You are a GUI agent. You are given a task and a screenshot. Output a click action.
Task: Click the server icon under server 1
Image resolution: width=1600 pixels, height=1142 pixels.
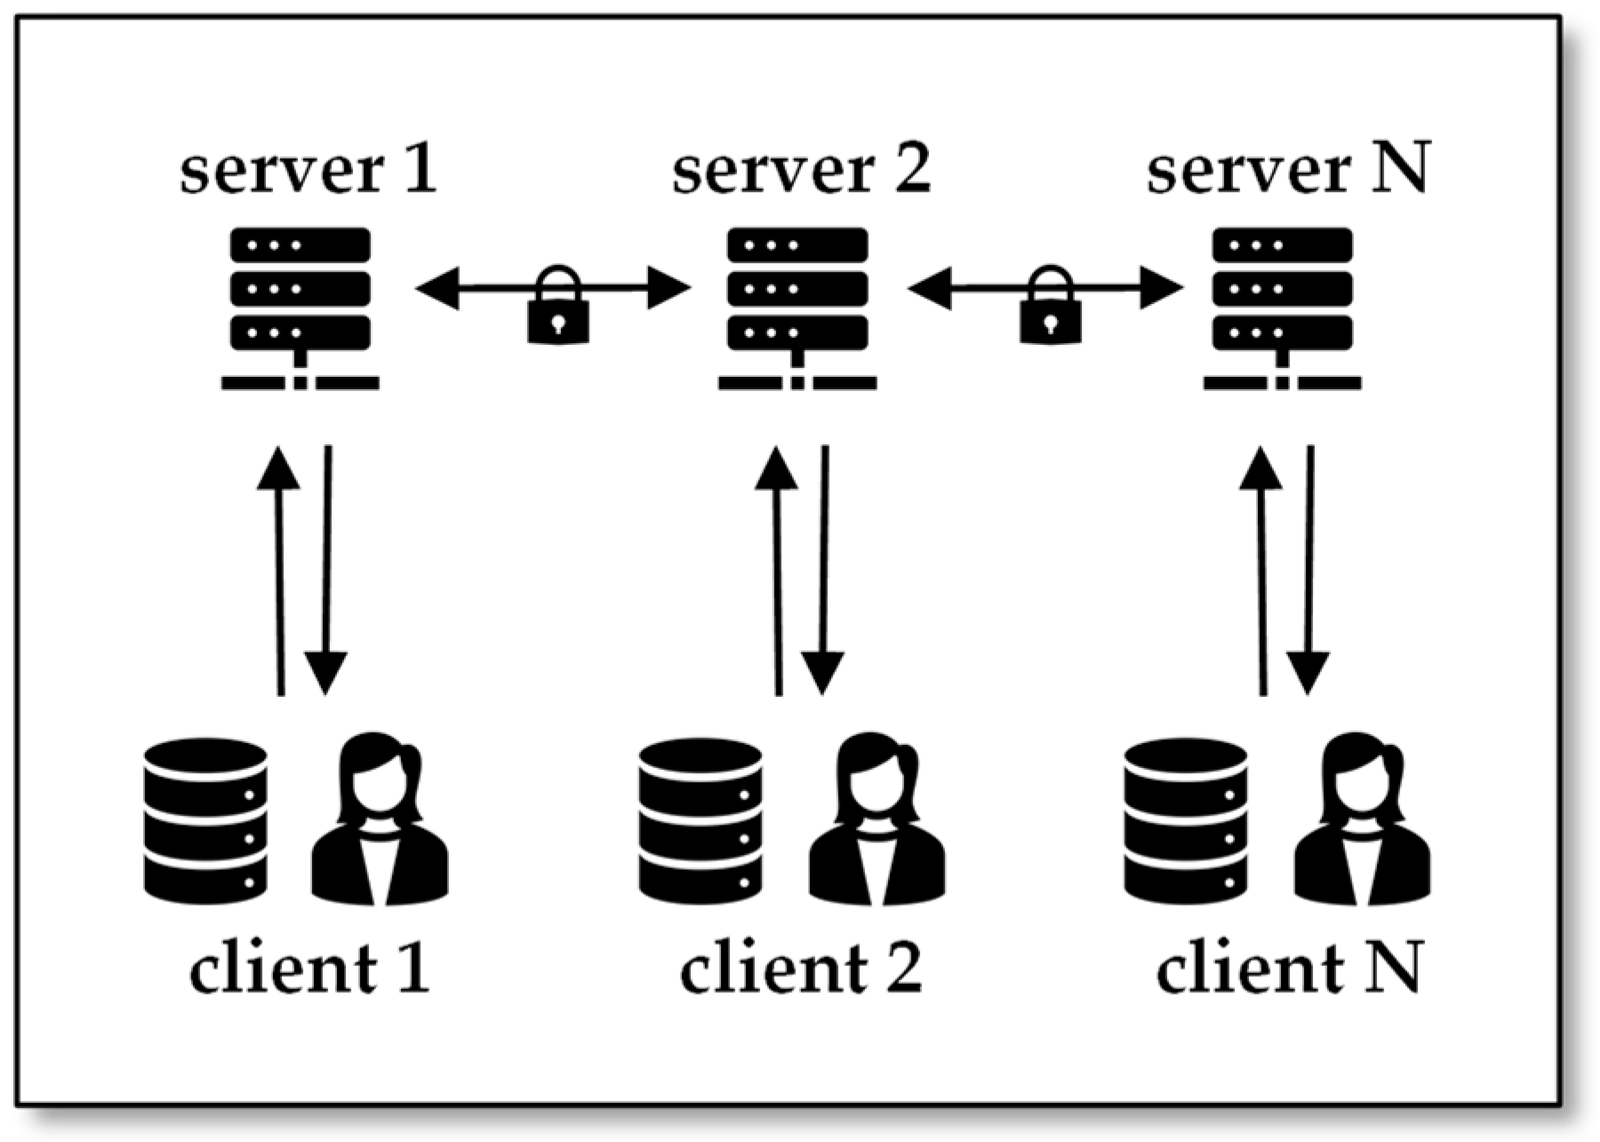coord(300,307)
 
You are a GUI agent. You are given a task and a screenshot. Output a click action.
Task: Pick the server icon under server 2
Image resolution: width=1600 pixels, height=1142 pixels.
coord(797,307)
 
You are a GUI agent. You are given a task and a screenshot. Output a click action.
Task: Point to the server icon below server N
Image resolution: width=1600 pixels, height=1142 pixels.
coord(1283,307)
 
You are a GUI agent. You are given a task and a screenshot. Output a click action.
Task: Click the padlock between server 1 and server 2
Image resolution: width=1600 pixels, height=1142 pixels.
coord(558,307)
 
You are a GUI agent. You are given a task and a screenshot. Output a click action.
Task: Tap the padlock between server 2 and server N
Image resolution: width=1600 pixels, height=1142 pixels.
coord(1051,307)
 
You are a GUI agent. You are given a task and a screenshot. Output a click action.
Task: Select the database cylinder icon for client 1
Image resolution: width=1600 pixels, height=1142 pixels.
coord(205,820)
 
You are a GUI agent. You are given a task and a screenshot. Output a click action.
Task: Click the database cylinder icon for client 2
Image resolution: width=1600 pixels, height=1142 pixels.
coord(700,820)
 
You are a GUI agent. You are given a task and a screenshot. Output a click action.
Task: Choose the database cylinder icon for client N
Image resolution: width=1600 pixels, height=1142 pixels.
coord(1186,820)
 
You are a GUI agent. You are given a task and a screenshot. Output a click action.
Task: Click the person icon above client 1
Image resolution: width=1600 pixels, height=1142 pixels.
coord(380,820)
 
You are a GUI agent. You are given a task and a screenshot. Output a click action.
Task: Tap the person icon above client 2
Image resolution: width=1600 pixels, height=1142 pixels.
coord(876,820)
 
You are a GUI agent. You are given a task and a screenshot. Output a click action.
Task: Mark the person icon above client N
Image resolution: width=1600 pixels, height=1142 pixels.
coord(1362,820)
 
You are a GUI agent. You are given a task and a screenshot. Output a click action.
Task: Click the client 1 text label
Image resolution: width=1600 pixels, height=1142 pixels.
coord(309,968)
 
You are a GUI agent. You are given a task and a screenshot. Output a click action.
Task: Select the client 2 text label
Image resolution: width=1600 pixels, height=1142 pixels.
coord(801,968)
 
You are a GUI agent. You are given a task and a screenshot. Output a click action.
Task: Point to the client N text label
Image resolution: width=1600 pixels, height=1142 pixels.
coord(1289,968)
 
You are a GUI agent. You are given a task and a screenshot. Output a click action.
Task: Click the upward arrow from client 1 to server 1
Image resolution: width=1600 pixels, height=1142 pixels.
coord(279,569)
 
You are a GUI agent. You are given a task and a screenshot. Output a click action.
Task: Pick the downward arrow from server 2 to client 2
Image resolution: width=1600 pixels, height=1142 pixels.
coord(823,569)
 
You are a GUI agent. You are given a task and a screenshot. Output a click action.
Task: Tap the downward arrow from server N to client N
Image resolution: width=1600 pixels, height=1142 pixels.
coord(1308,569)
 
